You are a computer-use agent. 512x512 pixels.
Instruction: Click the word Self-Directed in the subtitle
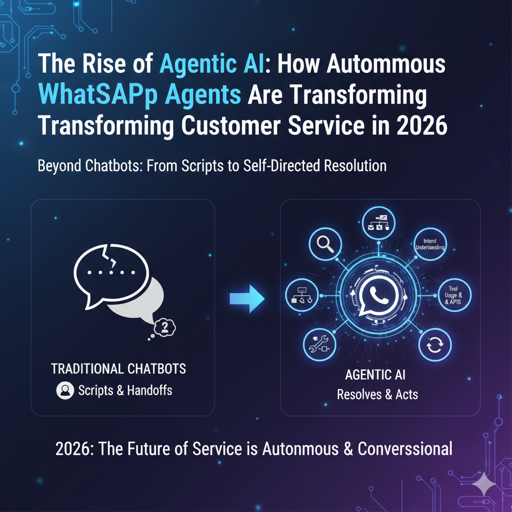pyautogui.click(x=280, y=166)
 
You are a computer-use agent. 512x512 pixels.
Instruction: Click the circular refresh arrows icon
pyautogui.click(x=434, y=345)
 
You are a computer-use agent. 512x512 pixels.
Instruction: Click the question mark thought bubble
pyautogui.click(x=163, y=328)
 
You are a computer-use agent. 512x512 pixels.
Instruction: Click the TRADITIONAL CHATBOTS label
pyautogui.click(x=118, y=369)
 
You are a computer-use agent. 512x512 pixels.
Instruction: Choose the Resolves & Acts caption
pyautogui.click(x=377, y=394)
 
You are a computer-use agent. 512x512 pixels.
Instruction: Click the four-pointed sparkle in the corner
pyautogui.click(x=483, y=483)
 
